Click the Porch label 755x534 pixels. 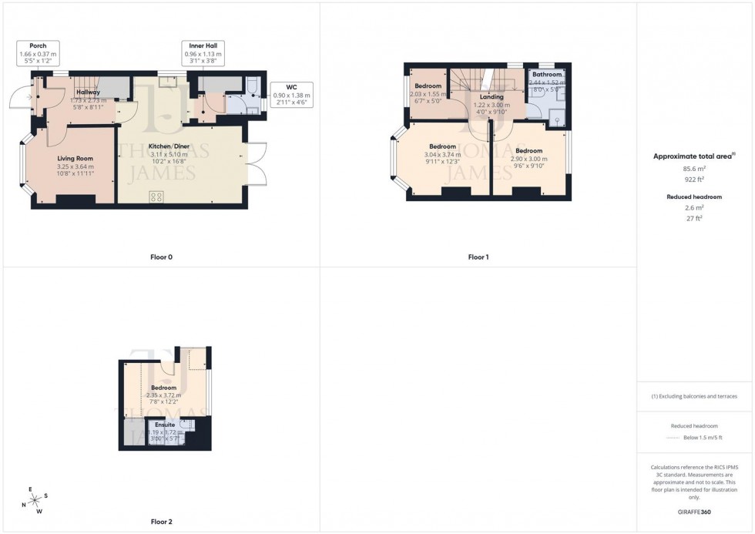[x=38, y=46]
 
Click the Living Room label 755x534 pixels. [x=75, y=159]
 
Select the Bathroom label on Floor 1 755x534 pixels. [x=546, y=75]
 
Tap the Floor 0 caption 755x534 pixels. [x=161, y=257]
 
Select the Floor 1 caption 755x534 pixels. [x=478, y=257]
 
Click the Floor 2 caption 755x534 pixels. [x=161, y=522]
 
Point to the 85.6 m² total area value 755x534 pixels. [x=694, y=168]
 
